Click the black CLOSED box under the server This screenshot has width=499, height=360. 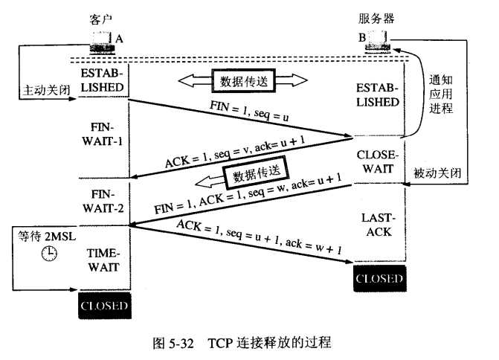pos(379,280)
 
